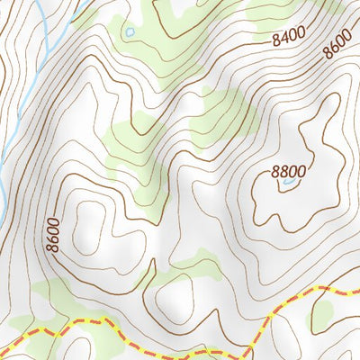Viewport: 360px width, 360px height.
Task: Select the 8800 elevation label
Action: [x=288, y=172]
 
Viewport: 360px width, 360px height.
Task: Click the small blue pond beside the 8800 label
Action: [x=288, y=183]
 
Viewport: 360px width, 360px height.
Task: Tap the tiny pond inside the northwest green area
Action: [x=130, y=31]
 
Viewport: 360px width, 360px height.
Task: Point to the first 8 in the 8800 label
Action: [x=275, y=172]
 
